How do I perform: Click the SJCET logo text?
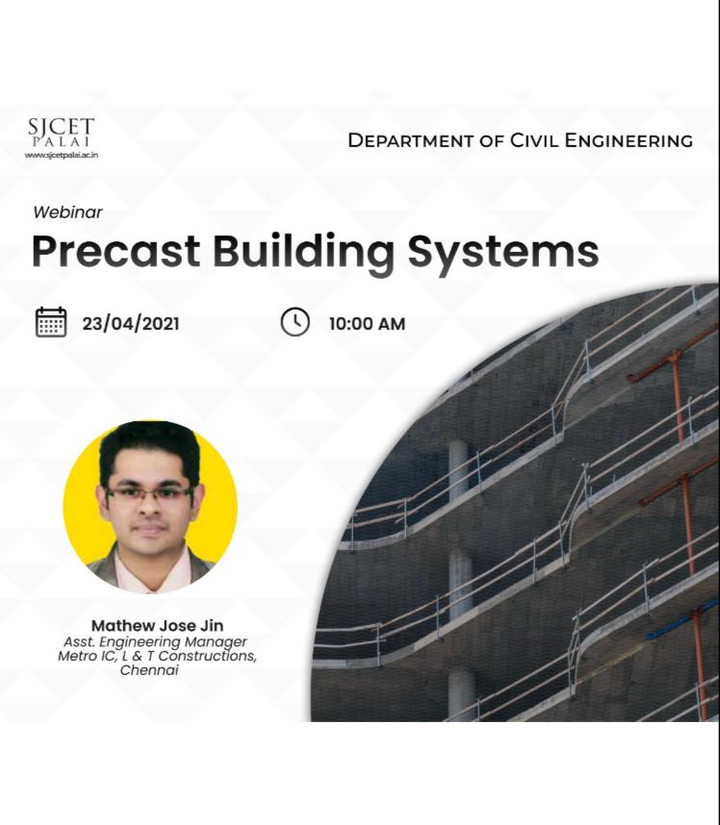[61, 128]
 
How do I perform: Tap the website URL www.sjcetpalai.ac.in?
[61, 155]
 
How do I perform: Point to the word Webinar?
[67, 212]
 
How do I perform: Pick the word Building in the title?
[303, 254]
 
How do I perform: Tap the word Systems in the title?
[503, 254]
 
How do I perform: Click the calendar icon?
[51, 322]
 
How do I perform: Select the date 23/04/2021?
[131, 324]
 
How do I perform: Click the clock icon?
[295, 321]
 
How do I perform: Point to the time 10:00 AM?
[367, 324]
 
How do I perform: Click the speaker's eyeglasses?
[149, 494]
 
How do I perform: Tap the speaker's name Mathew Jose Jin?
[158, 626]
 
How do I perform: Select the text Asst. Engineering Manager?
[155, 642]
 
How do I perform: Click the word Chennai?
[149, 670]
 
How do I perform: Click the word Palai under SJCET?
[61, 142]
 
